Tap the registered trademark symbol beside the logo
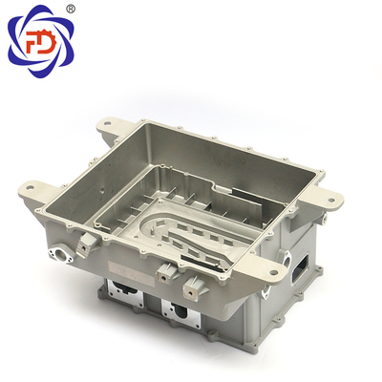tap(71, 9)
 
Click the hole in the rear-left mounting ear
tap(108, 123)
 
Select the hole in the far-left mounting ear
tap(31, 187)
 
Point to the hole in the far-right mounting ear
tap(331, 201)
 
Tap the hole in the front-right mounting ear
tap(273, 272)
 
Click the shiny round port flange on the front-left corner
tap(61, 254)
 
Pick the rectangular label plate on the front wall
tap(131, 271)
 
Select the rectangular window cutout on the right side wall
tap(300, 269)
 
